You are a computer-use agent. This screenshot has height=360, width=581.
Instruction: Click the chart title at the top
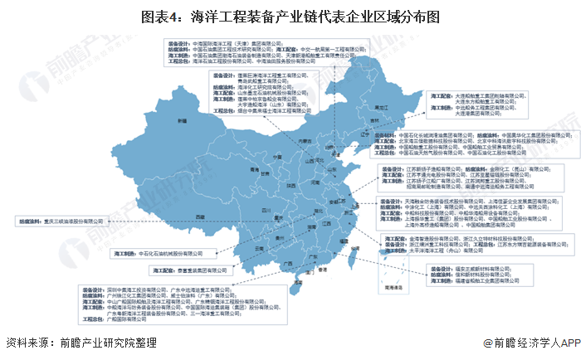tap(290, 16)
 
